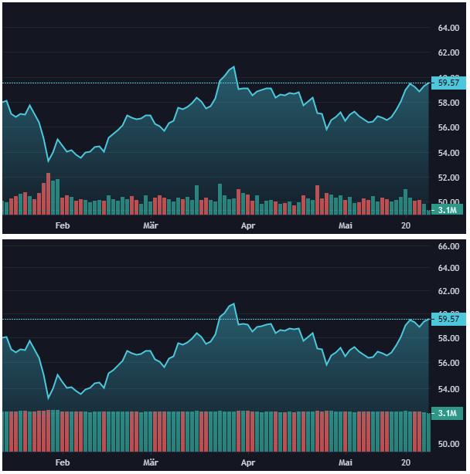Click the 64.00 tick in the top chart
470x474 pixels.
(x=448, y=29)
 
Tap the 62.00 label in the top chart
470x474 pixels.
(x=448, y=53)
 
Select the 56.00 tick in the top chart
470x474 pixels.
(x=448, y=127)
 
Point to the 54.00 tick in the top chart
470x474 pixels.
(x=448, y=153)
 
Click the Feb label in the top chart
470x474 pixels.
(x=63, y=225)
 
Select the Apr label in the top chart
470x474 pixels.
(x=248, y=225)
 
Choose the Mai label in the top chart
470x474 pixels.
(x=346, y=225)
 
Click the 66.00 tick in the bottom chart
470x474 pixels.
(x=448, y=247)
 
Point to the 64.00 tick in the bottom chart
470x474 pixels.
(x=448, y=269)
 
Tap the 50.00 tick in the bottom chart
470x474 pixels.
(x=448, y=445)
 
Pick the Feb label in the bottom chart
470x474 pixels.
(x=63, y=462)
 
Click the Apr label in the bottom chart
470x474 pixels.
(x=248, y=462)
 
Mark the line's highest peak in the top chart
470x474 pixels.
(x=233, y=66)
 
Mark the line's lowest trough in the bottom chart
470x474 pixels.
(x=48, y=398)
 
